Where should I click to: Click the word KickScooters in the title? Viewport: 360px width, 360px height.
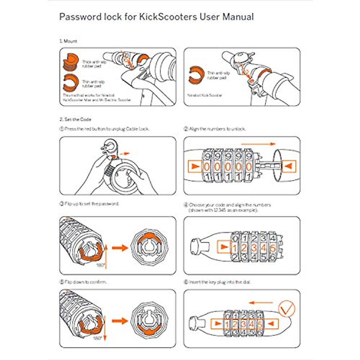click(x=168, y=17)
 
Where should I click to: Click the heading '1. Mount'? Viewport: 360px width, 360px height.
click(x=68, y=41)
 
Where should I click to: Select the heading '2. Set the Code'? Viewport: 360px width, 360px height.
click(x=75, y=119)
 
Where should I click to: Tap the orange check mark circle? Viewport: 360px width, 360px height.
click(x=287, y=309)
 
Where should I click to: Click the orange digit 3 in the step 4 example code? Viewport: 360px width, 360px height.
click(x=254, y=248)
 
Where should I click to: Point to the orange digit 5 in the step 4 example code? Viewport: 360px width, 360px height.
click(x=272, y=248)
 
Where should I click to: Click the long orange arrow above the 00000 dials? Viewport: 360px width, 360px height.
click(x=258, y=144)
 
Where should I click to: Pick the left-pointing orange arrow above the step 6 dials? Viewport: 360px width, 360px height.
click(x=261, y=303)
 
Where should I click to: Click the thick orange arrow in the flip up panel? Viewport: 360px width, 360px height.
click(x=120, y=248)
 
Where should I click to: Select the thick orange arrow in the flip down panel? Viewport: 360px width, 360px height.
click(x=120, y=321)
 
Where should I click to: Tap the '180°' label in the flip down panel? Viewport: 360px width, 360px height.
click(x=97, y=338)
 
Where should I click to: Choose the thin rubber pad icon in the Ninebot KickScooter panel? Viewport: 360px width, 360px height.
click(x=196, y=75)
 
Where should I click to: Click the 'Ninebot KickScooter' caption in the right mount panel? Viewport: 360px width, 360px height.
click(x=205, y=95)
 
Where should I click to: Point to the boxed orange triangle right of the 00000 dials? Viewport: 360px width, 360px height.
click(x=289, y=166)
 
